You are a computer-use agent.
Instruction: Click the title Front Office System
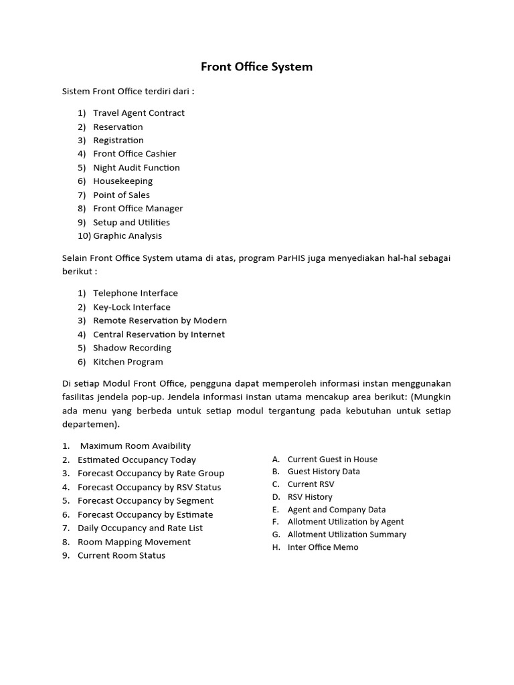(257, 67)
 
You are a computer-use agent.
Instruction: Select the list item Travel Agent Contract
(139, 113)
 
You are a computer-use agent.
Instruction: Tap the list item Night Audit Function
(136, 168)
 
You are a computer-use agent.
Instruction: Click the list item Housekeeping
(122, 181)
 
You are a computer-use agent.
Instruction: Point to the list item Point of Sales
(121, 195)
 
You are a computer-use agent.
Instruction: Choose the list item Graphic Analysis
(127, 236)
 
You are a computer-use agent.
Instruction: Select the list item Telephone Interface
(135, 293)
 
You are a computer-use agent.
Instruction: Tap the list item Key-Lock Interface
(131, 307)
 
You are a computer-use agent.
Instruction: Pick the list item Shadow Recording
(132, 348)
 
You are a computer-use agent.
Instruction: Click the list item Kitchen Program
(128, 362)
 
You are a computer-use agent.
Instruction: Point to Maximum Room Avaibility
(135, 446)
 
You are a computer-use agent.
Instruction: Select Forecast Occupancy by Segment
(145, 501)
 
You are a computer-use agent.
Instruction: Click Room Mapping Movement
(134, 542)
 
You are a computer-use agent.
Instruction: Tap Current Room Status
(121, 556)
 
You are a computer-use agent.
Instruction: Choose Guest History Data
(323, 472)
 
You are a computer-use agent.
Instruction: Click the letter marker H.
(276, 547)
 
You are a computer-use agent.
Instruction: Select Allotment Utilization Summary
(347, 534)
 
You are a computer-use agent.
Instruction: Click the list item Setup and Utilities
(131, 222)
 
